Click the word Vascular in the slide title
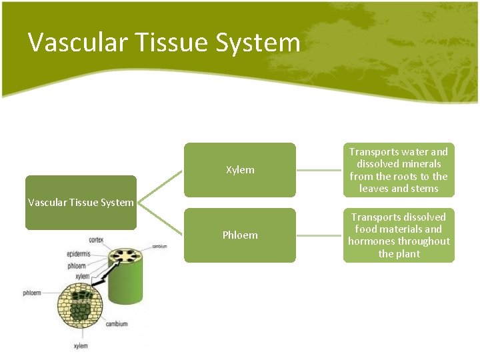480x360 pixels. coord(70,43)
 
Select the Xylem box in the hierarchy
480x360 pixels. coord(239,170)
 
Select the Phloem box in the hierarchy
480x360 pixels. coord(239,235)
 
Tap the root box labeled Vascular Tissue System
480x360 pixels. coord(81,203)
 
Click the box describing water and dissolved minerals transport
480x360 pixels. coord(399,170)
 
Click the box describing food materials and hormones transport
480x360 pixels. coord(399,235)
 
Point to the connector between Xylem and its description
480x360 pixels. coord(319,170)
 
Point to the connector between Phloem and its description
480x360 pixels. coord(319,235)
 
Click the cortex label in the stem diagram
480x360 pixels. coord(96,239)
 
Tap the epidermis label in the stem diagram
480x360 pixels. coord(79,254)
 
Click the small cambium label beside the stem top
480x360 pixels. coord(159,246)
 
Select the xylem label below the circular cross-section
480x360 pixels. coord(81,345)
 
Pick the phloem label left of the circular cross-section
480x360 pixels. coord(32,293)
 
